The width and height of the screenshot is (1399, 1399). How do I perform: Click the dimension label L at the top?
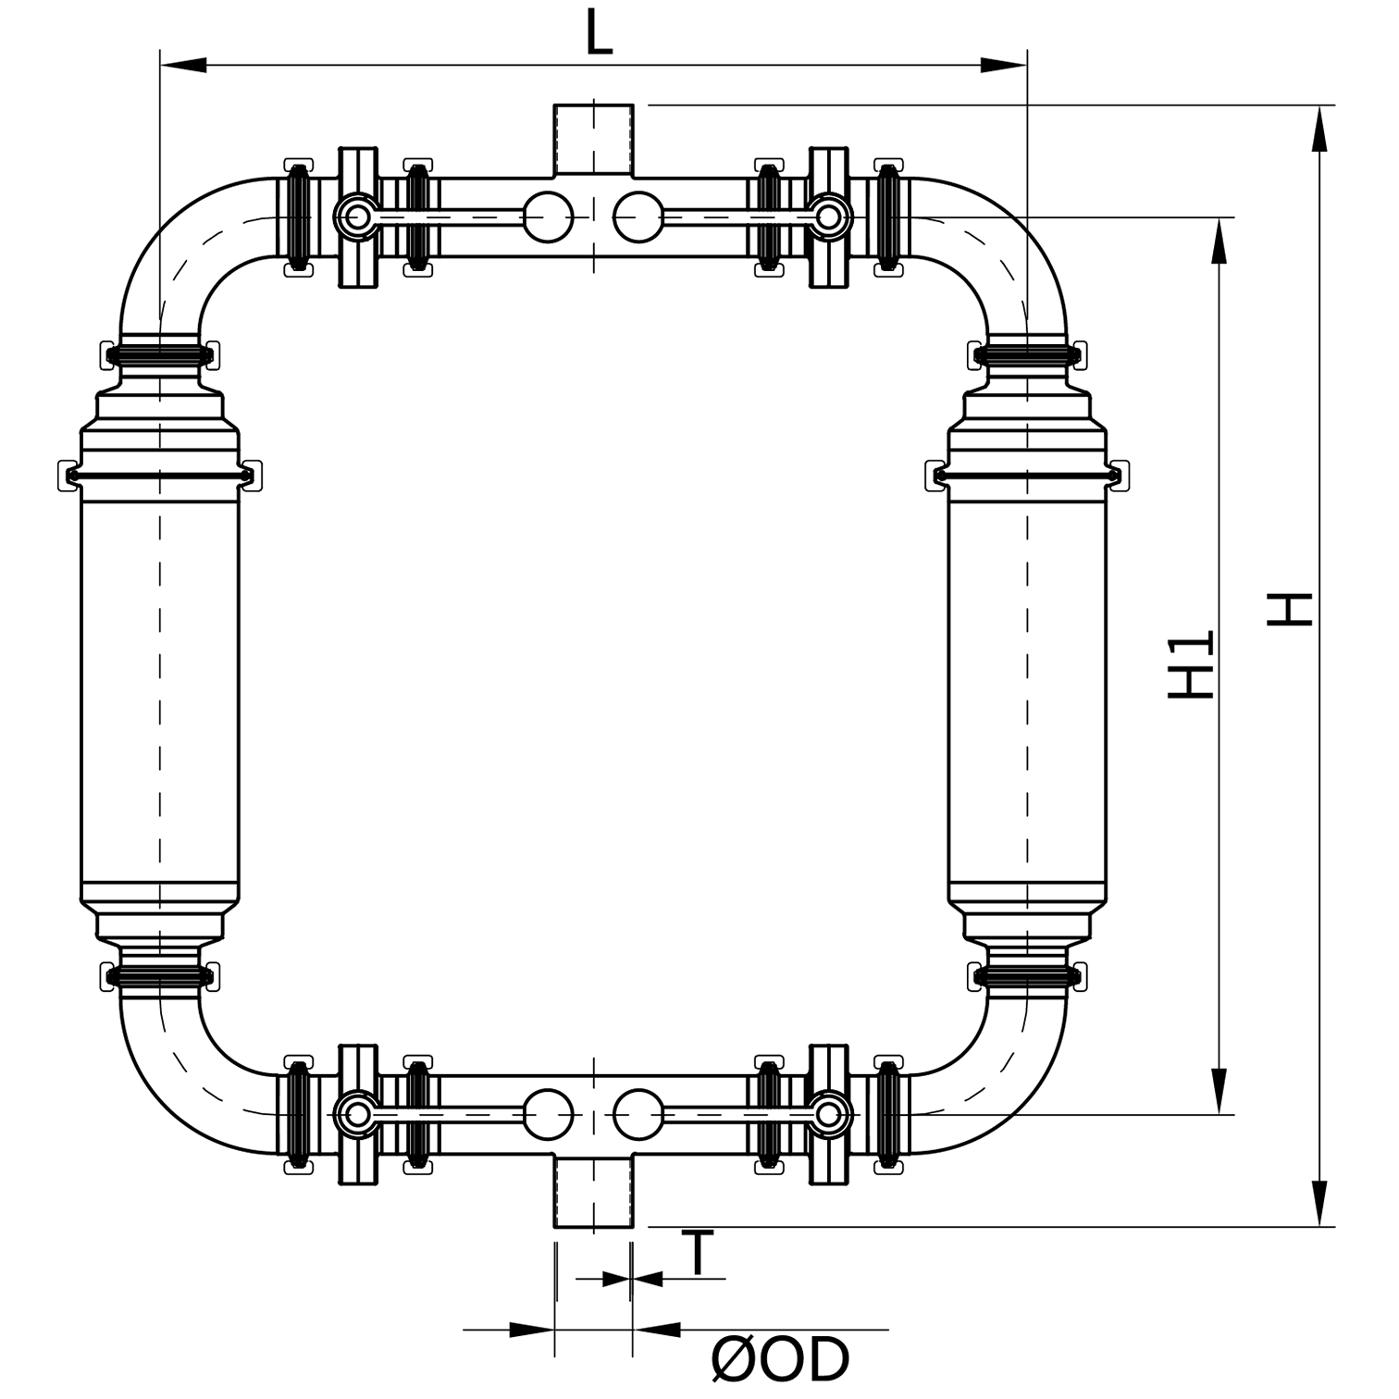600,35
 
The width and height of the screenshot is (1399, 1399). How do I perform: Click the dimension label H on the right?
1290,609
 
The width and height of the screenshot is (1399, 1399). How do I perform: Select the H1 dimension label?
1192,664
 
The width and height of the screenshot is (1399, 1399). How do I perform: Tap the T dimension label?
700,1255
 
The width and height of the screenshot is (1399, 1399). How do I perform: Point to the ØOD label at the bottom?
780,1359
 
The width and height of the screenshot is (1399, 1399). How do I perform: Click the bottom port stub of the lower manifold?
593,1194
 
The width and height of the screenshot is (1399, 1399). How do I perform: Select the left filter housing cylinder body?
160,685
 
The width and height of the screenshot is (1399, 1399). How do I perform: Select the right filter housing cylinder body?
1027,685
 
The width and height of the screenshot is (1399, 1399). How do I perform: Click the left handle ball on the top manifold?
548,217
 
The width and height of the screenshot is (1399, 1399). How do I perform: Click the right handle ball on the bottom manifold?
638,1114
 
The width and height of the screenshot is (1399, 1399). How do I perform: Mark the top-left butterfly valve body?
358,217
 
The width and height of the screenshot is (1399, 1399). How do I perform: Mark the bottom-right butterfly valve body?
829,1114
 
